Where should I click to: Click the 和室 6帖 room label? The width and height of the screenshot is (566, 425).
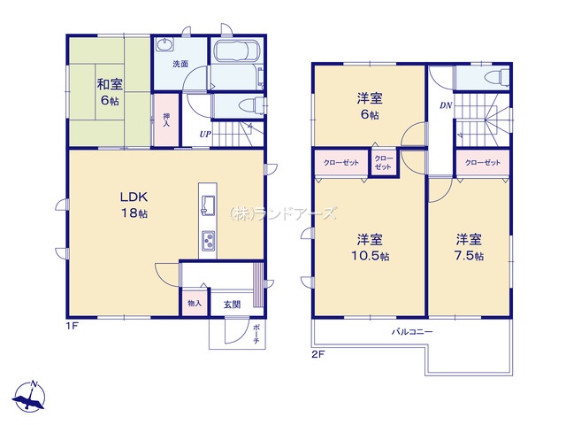point(110,92)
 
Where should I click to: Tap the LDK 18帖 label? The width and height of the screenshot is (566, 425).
point(134,205)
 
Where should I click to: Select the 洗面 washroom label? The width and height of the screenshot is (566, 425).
point(180,64)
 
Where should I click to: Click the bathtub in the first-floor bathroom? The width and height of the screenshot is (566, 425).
point(236,51)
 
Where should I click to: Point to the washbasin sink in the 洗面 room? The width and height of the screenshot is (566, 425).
point(164,45)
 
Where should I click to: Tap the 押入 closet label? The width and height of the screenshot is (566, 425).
point(166,120)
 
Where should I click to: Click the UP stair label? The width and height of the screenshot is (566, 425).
point(205,135)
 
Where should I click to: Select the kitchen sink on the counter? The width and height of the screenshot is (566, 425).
point(208,205)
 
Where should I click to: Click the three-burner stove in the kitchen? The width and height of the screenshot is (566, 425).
point(208,240)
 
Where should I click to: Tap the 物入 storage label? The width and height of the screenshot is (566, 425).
point(195,303)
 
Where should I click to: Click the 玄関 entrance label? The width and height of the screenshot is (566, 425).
point(232,305)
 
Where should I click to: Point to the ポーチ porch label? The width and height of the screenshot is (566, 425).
point(256,334)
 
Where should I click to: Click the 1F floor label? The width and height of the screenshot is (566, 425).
point(72,326)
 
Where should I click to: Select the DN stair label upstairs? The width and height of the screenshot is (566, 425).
point(446,106)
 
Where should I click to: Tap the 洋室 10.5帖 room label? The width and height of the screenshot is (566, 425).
point(370,248)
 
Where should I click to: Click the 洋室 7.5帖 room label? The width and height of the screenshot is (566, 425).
point(469,248)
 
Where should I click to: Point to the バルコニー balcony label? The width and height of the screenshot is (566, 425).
point(412,331)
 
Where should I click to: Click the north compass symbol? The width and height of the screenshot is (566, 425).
point(28,396)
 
